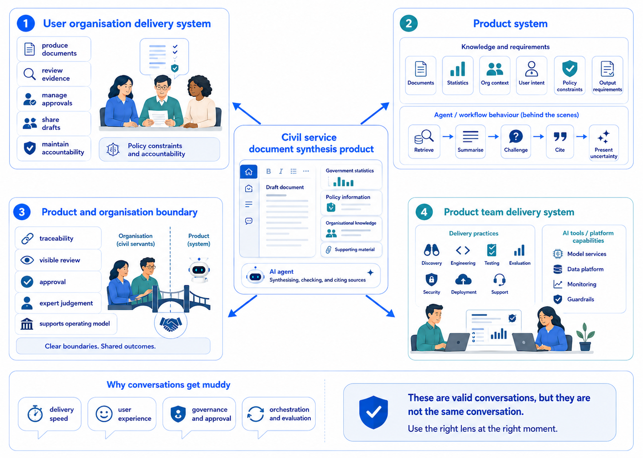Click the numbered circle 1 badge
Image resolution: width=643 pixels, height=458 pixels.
point(26,24)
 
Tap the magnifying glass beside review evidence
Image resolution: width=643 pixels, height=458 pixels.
point(30,74)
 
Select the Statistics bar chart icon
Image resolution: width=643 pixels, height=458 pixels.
point(457,69)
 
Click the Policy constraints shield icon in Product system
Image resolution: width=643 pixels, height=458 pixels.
point(570,68)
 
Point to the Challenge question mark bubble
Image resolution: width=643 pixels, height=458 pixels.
point(516,137)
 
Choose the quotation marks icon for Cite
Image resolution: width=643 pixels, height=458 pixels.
point(560,137)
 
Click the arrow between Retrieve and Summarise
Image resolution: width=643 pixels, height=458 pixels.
point(448,137)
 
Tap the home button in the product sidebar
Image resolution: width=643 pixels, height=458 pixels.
point(249,172)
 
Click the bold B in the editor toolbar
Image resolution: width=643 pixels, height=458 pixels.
point(268,171)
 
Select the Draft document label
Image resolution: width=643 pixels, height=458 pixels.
point(285,187)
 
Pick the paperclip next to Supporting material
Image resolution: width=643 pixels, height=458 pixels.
point(329,250)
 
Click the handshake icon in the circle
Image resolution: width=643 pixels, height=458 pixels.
point(171,324)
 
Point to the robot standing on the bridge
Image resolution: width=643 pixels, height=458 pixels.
point(199,270)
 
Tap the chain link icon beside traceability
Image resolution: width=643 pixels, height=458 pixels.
point(28,238)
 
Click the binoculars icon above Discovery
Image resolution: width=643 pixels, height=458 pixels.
point(432,250)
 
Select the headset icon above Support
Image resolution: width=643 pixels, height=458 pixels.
point(500,280)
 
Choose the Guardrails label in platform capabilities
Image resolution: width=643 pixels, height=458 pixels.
point(580,299)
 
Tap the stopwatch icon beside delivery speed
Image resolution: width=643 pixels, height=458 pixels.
point(35,414)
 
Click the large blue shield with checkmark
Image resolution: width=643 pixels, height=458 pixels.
point(373,412)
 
